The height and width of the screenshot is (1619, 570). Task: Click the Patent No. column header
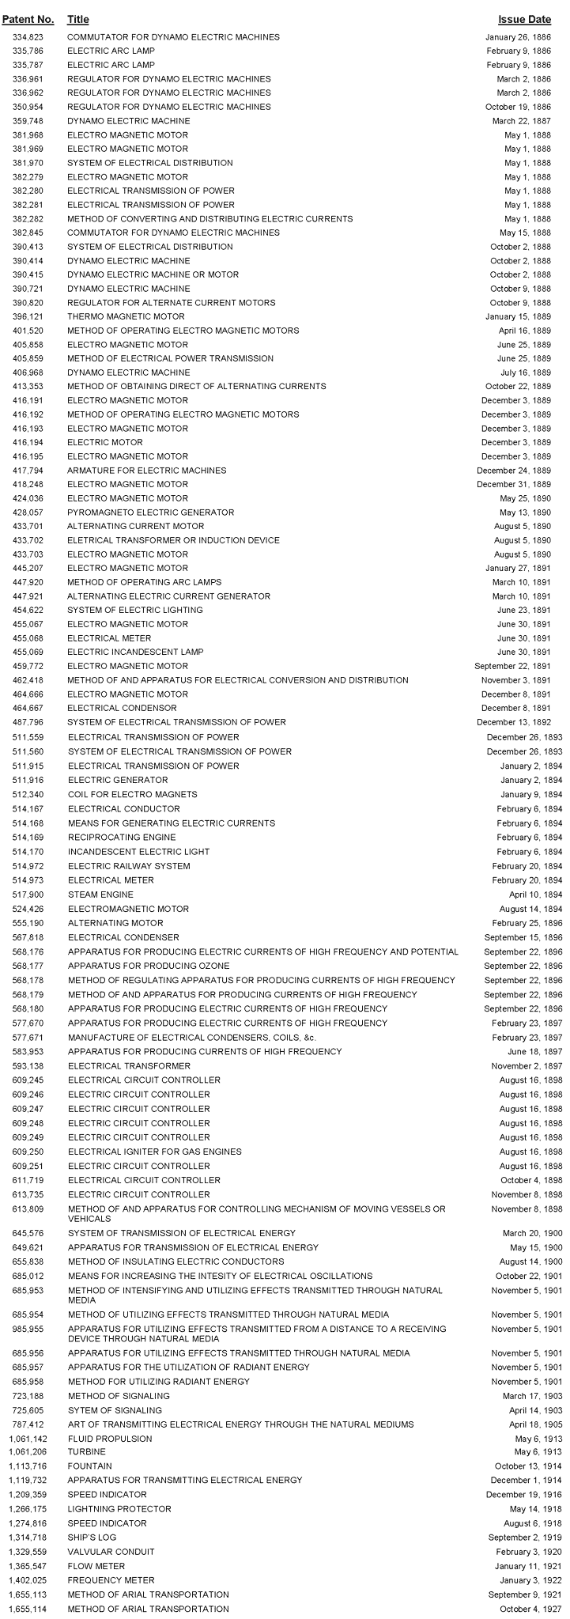pos(28,19)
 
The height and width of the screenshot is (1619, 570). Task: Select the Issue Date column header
pos(524,19)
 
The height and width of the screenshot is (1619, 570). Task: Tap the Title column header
pos(78,19)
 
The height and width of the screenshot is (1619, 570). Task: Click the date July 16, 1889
pos(521,373)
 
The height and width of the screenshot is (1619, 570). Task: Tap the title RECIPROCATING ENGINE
pos(122,837)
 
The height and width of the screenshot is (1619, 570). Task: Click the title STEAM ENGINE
pos(100,895)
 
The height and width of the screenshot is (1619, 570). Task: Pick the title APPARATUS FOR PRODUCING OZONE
pos(149,966)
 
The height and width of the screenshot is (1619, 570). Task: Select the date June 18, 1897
pos(529,1051)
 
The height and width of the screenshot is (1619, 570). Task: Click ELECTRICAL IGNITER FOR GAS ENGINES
pos(154,1152)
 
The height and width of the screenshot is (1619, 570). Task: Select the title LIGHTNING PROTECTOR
pos(119,1508)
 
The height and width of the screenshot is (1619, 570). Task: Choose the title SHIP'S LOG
pos(92,1537)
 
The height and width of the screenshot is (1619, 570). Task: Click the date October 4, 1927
pos(525,1609)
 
